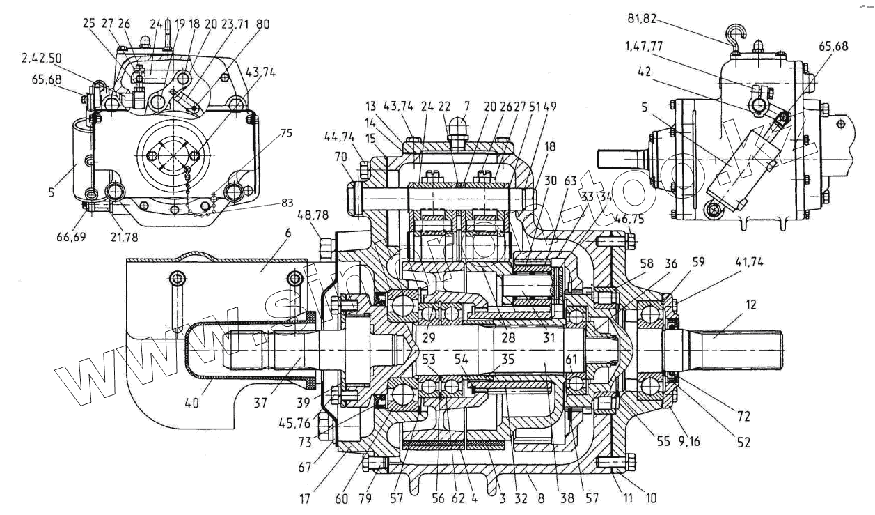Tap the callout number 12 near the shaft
coord(749,305)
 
